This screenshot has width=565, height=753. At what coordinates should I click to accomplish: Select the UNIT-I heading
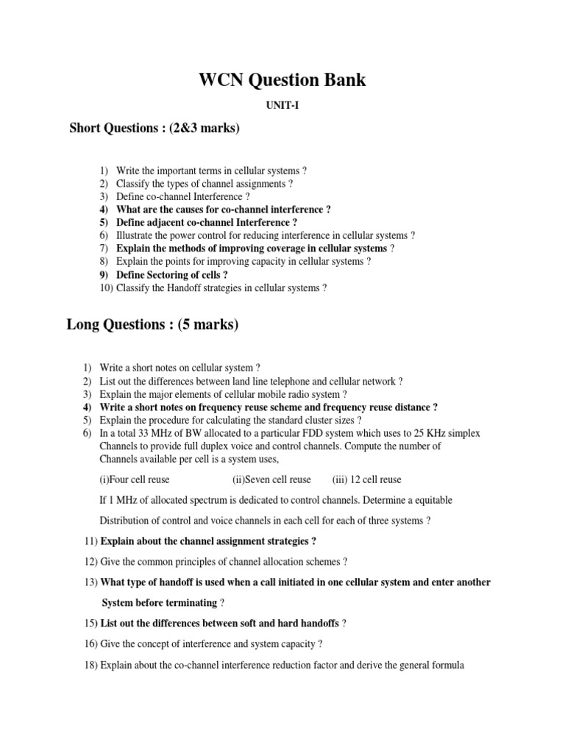[x=282, y=106]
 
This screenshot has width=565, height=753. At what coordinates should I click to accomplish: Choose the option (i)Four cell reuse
[x=135, y=479]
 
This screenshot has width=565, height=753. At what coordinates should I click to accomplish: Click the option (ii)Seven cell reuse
[x=271, y=479]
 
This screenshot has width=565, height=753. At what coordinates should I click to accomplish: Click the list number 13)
[x=91, y=582]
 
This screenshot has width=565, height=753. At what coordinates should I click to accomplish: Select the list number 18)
[x=91, y=665]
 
